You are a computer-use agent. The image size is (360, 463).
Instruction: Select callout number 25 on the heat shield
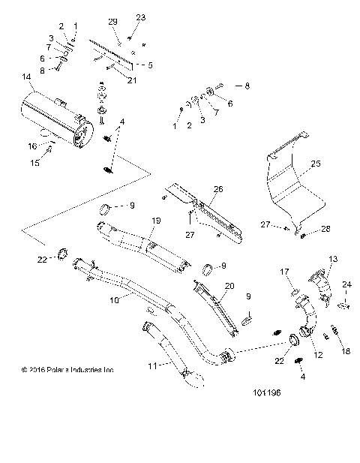tap(316, 163)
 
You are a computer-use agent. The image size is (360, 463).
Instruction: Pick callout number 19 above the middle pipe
tap(157, 220)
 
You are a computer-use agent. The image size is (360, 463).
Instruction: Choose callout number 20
tap(229, 286)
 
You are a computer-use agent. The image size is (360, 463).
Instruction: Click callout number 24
tap(346, 284)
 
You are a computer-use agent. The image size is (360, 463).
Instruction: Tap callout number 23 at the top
tap(140, 17)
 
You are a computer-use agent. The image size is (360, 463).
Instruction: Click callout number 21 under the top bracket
tap(133, 80)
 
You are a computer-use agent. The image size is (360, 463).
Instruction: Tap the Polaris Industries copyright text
tap(68, 369)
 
